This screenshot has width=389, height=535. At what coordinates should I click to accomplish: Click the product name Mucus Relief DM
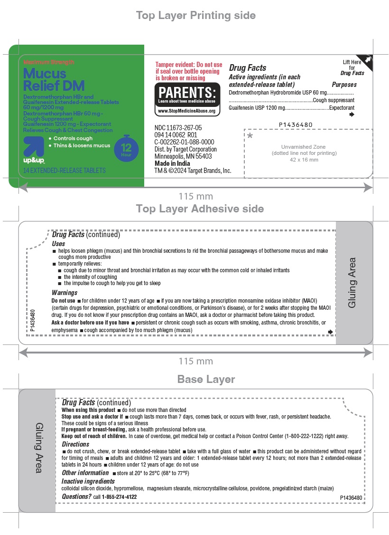(x=54, y=79)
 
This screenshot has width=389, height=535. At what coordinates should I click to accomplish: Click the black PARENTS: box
(x=187, y=95)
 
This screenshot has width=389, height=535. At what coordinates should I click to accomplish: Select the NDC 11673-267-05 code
(x=178, y=128)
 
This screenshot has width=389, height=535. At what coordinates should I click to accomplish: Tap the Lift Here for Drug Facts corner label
(x=353, y=67)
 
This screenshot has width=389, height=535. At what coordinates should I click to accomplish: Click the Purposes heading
(x=344, y=85)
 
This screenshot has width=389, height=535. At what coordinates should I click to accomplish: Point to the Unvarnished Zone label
(x=304, y=147)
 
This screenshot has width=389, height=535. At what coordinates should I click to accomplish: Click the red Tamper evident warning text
(x=188, y=71)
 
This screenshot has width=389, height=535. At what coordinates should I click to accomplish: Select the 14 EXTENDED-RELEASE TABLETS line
(x=65, y=170)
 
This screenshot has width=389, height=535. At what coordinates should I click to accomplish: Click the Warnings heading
(x=65, y=293)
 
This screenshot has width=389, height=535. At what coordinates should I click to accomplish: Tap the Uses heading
(x=59, y=243)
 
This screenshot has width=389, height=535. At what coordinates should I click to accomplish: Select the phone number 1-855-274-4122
(x=119, y=497)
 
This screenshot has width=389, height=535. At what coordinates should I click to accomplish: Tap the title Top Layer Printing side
(x=195, y=16)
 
